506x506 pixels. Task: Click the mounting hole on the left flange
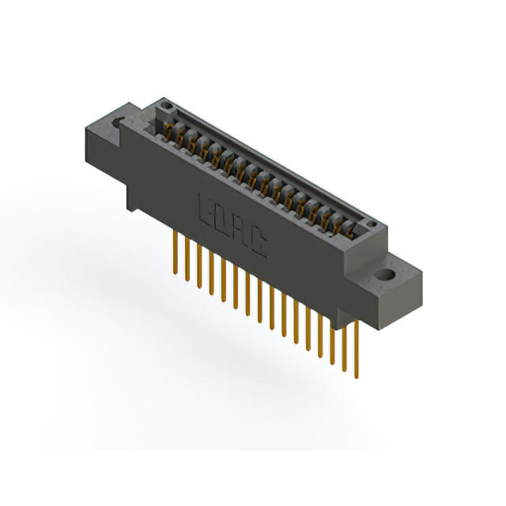[x=120, y=123]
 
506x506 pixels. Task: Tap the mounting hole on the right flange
[x=387, y=276]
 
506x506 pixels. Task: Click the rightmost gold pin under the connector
[x=355, y=348]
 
